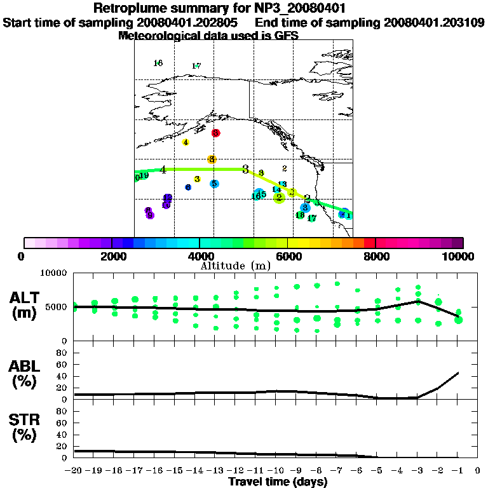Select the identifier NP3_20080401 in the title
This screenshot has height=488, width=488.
(316, 8)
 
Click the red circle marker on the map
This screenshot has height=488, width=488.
(216, 133)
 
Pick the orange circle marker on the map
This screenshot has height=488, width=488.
(212, 159)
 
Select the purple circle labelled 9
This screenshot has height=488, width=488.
(150, 215)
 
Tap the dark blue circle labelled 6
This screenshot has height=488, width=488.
(188, 187)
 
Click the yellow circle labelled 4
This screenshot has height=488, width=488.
(186, 142)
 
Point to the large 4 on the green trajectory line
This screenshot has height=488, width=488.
(163, 170)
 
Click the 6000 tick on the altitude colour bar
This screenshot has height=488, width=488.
(287, 256)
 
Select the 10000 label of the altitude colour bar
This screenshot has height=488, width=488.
(459, 256)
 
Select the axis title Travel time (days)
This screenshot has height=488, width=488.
(278, 482)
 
